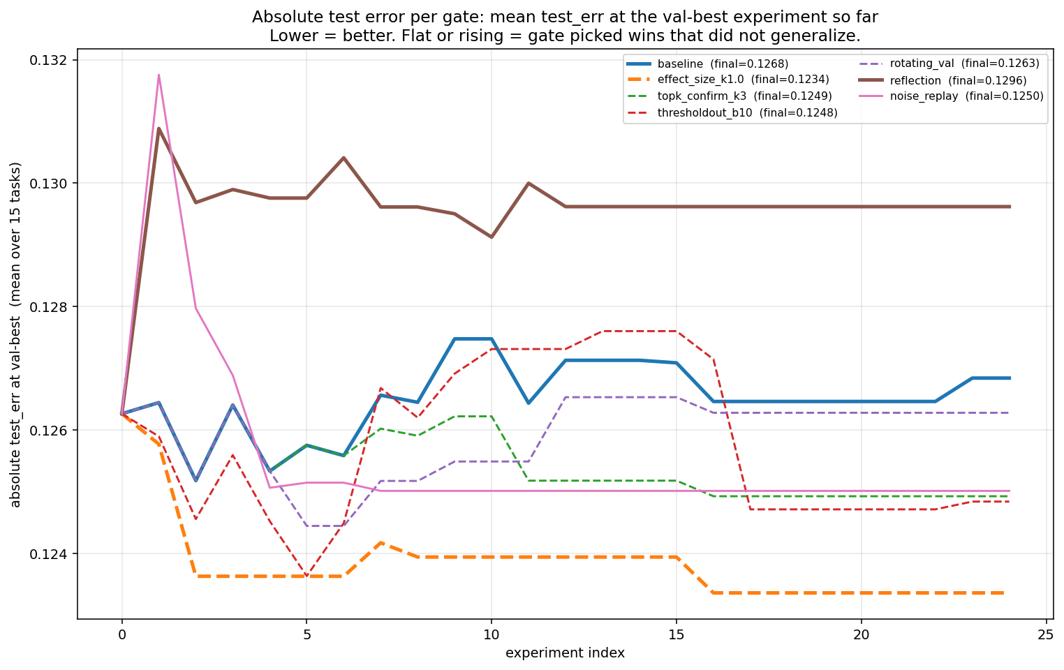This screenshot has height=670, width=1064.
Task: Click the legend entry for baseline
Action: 723,64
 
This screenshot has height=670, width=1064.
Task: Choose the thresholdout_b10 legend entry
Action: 747,112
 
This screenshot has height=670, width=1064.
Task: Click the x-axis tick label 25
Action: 1046,634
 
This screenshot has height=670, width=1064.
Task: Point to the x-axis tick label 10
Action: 492,634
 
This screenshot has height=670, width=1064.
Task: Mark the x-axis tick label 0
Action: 122,634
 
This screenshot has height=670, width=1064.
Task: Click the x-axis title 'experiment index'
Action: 565,653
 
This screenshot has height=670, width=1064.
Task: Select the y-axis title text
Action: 15,334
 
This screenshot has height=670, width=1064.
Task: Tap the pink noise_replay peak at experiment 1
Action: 159,75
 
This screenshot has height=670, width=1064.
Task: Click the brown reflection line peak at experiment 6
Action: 343,158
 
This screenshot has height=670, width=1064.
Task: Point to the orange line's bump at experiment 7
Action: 380,542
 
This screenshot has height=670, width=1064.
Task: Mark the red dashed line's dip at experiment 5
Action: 306,576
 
